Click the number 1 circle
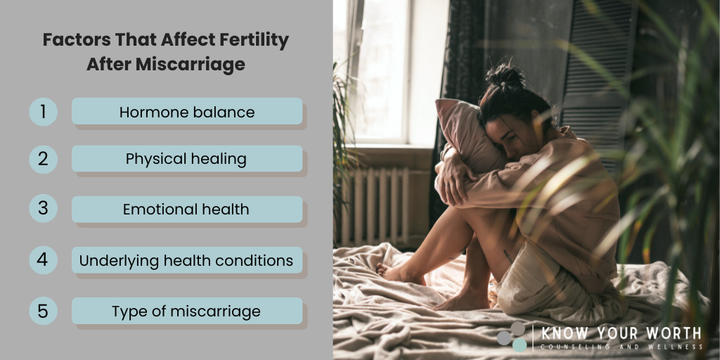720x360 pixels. pyautogui.click(x=43, y=112)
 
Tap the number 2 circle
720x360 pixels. pyautogui.click(x=43, y=159)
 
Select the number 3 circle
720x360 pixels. pyautogui.click(x=43, y=210)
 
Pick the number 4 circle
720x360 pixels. pyautogui.click(x=43, y=260)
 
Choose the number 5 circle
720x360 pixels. pyautogui.click(x=43, y=311)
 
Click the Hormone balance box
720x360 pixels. pyautogui.click(x=187, y=112)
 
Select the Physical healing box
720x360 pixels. pyautogui.click(x=187, y=159)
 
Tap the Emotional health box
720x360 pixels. pyautogui.click(x=187, y=210)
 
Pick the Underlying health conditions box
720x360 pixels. pyautogui.click(x=187, y=260)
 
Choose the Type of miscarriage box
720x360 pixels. pyautogui.click(x=187, y=311)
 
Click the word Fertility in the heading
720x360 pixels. pyautogui.click(x=248, y=40)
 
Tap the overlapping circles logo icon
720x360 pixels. pyautogui.click(x=512, y=336)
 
